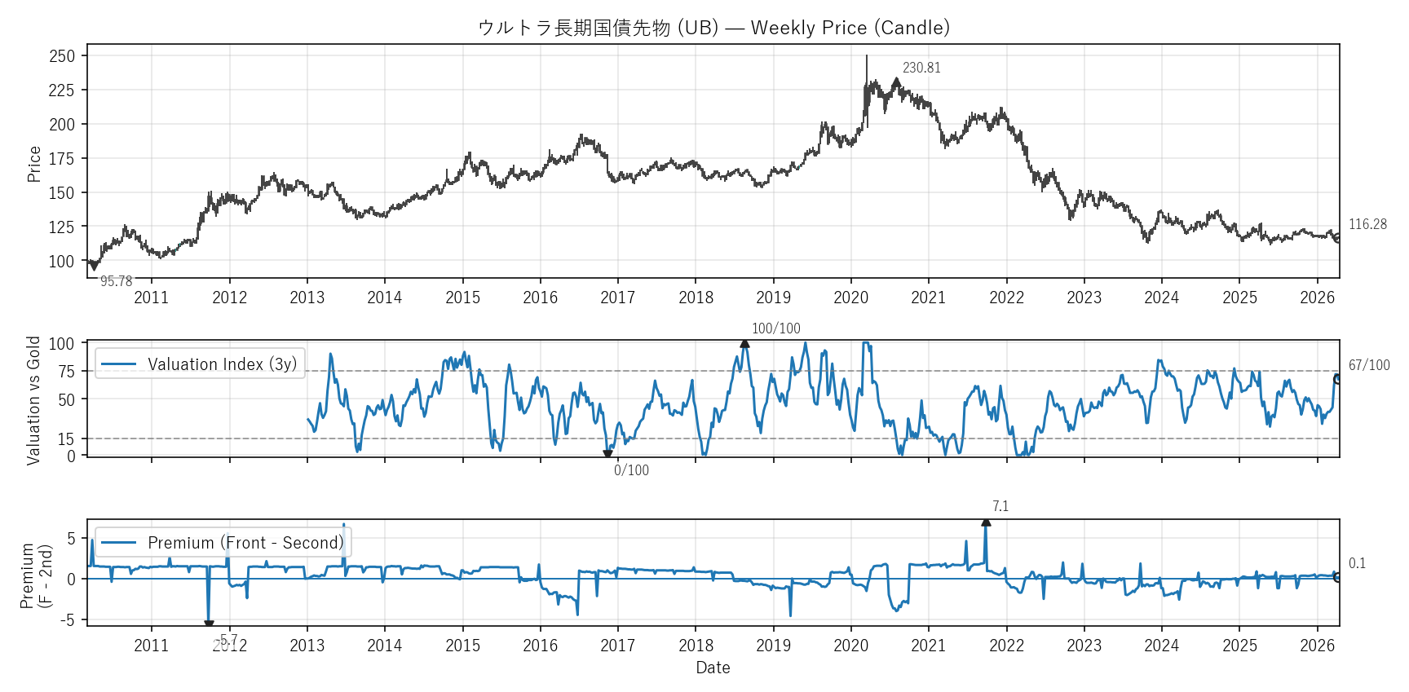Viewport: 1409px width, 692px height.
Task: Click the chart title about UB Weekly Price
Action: [x=713, y=28]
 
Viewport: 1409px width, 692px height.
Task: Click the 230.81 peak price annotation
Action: [x=921, y=68]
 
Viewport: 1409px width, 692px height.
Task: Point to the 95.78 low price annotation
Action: [x=116, y=281]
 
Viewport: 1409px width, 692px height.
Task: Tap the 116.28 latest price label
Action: [x=1367, y=224]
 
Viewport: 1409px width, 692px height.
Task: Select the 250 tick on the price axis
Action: [x=62, y=56]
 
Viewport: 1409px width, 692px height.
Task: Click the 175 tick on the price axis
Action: [x=62, y=159]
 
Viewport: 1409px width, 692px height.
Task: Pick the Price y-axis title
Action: [x=34, y=164]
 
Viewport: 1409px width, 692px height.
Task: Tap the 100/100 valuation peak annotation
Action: [x=775, y=328]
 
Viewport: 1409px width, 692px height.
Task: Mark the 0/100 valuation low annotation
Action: [x=631, y=470]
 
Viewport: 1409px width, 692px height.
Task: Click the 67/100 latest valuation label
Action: [x=1369, y=365]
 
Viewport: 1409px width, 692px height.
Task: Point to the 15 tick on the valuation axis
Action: [x=66, y=439]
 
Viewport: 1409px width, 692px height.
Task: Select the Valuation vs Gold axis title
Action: [x=34, y=400]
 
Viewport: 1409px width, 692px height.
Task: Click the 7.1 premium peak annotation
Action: [x=1000, y=506]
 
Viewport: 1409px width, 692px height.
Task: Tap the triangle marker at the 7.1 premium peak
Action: [x=986, y=522]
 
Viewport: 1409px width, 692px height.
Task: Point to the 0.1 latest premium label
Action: [x=1357, y=563]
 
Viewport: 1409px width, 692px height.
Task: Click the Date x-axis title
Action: [x=713, y=668]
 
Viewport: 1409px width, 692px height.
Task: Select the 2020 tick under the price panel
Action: [x=850, y=298]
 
